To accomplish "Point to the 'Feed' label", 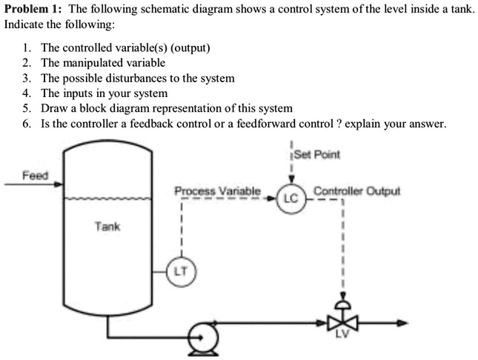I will pos(34,176).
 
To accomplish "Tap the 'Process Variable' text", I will pos(217,191).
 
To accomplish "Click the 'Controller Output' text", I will pos(356,191).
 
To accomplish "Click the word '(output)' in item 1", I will pos(190,47).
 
